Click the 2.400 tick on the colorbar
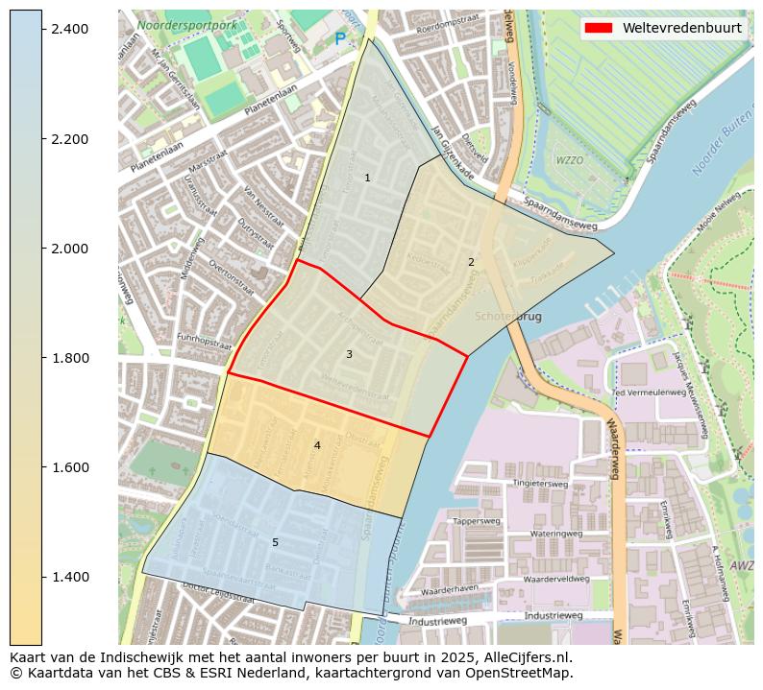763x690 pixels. coord(42,30)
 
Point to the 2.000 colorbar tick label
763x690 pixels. coord(69,249)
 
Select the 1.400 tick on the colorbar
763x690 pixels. coord(42,577)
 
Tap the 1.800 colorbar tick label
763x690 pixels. coord(69,358)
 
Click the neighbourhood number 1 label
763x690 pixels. coord(367,178)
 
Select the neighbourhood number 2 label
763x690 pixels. coord(471,262)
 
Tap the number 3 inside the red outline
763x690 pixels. coord(349,354)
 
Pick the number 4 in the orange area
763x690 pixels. coord(317,445)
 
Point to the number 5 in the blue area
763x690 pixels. coord(275,542)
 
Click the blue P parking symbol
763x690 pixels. coord(339,40)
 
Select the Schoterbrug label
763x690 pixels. coord(508,316)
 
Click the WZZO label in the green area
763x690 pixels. coord(570,160)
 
